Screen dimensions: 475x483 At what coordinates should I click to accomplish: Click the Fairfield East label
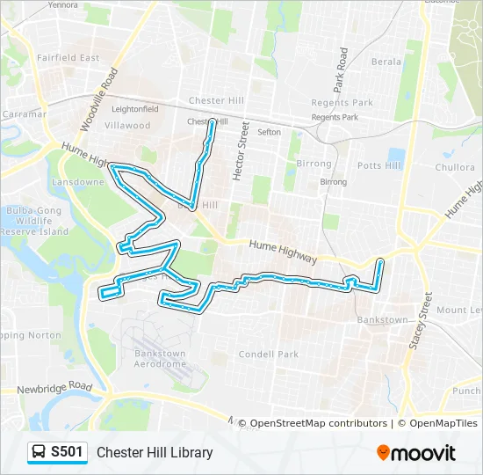68,57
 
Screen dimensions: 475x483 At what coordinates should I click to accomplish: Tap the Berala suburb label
386,62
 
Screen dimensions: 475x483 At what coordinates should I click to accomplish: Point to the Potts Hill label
378,165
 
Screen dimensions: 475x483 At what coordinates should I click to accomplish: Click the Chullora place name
454,167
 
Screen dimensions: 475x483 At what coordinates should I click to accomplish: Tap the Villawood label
127,125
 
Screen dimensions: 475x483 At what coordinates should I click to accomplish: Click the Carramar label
24,114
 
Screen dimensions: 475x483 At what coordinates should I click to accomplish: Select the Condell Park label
268,354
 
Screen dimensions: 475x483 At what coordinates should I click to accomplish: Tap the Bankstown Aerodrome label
160,359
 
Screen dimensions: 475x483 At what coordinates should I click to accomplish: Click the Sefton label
269,132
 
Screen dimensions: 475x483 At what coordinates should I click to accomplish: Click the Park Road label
341,71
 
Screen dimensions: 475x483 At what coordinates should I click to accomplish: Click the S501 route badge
57,452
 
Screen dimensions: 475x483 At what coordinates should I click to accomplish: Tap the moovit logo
416,453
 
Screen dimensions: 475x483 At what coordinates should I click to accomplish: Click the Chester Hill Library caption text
155,452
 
